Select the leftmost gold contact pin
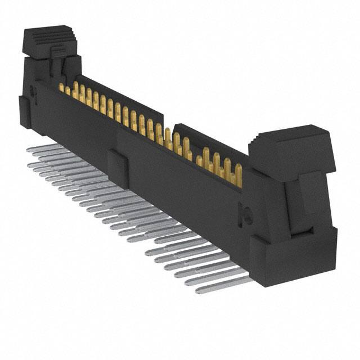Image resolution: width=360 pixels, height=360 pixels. (x=61, y=87)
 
